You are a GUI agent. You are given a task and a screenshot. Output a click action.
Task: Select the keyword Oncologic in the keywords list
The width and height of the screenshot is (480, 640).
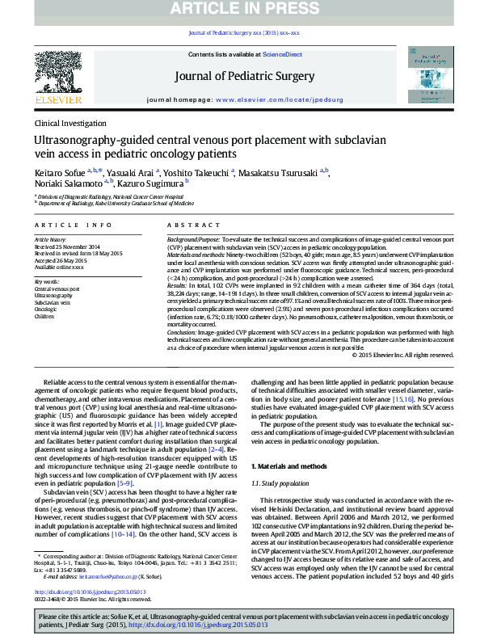pyautogui.click(x=45, y=309)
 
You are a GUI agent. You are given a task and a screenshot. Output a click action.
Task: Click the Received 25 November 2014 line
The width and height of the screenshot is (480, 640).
pyautogui.click(x=68, y=246)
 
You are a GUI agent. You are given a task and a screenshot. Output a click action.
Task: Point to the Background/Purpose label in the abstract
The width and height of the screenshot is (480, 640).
pyautogui.click(x=192, y=241)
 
